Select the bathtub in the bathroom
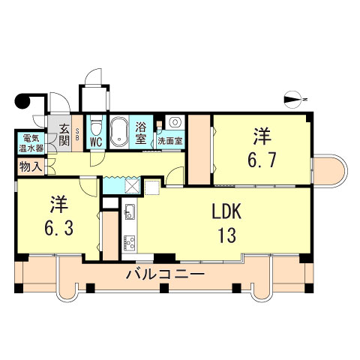click(120, 133)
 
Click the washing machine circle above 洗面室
click(174, 122)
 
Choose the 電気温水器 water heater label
click(31, 142)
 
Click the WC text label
click(96, 142)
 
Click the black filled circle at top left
click(22, 102)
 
